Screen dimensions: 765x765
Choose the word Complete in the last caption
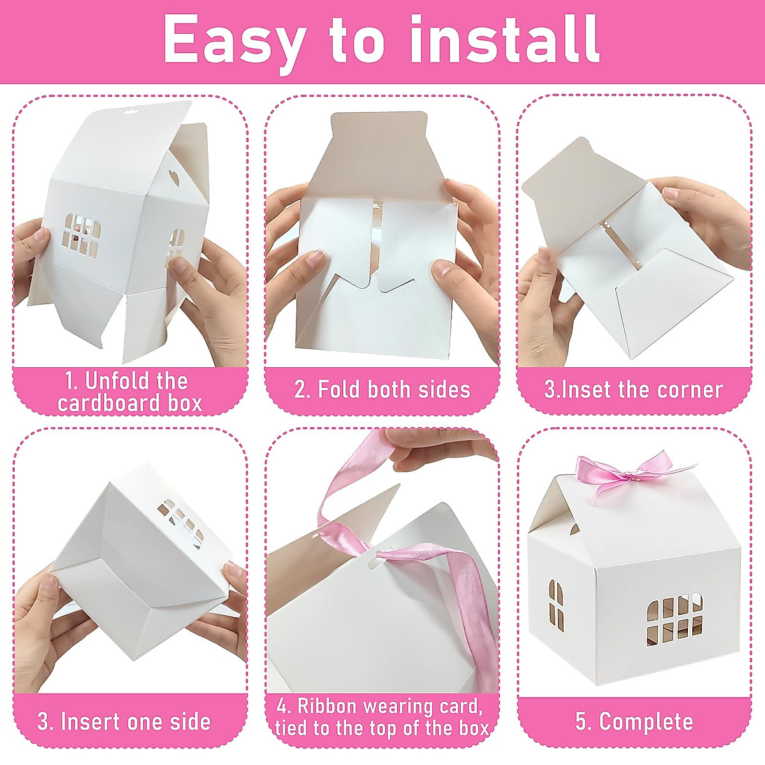tap(646, 722)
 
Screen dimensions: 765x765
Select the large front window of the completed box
tap(674, 618)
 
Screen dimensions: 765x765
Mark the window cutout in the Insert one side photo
tap(181, 519)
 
